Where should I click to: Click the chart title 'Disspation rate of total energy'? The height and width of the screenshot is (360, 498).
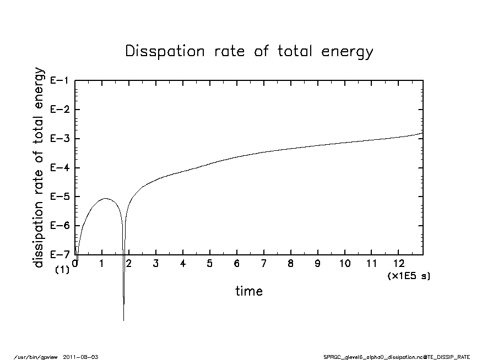pyautogui.click(x=249, y=52)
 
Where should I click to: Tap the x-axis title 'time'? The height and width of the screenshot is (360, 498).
pyautogui.click(x=249, y=291)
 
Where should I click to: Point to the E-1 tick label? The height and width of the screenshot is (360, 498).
pyautogui.click(x=59, y=80)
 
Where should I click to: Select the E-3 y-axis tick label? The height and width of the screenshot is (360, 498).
pyautogui.click(x=59, y=139)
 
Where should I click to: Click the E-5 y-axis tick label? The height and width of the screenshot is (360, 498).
pyautogui.click(x=59, y=197)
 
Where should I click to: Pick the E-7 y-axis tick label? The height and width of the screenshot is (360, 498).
pyautogui.click(x=59, y=254)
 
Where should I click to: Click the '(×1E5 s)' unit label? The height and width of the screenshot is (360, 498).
pyautogui.click(x=409, y=275)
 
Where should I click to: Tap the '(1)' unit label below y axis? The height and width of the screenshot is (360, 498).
pyautogui.click(x=62, y=270)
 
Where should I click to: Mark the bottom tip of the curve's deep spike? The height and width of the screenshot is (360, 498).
pyautogui.click(x=123, y=320)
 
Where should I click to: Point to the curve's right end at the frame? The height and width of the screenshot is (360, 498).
pyautogui.click(x=423, y=133)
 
